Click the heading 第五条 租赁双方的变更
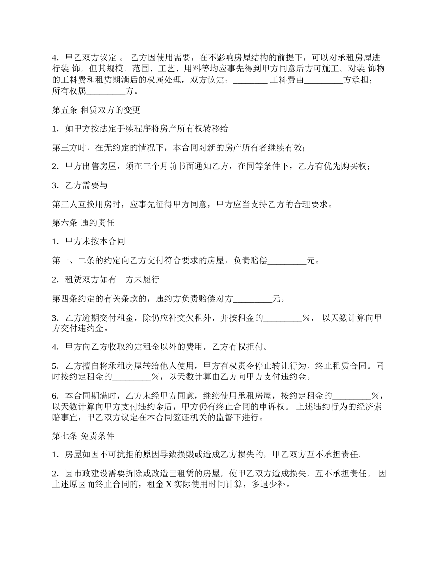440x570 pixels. pyautogui.click(x=96, y=110)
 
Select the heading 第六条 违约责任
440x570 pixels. pyautogui.click(x=83, y=222)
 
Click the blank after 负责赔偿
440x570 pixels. pyautogui.click(x=287, y=261)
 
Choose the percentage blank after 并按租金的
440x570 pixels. pyautogui.click(x=283, y=318)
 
